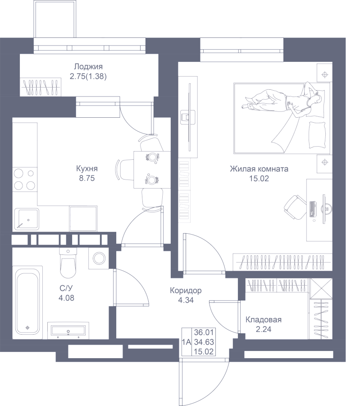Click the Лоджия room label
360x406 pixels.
tap(88, 67)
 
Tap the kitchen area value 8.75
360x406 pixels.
tap(87, 178)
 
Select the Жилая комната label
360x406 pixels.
tap(259, 169)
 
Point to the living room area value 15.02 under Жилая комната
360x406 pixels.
tap(259, 178)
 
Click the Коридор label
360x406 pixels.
tap(186, 291)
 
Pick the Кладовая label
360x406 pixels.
tap(264, 320)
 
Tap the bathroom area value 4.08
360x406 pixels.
tap(67, 298)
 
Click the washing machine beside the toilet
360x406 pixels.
tap(99, 258)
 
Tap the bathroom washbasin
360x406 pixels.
tap(68, 330)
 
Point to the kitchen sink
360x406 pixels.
tap(27, 219)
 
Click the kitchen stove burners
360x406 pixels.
tap(25, 179)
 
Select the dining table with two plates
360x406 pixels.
tap(152, 170)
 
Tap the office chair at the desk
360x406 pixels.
tap(296, 208)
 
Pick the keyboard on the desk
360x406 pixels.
tap(313, 209)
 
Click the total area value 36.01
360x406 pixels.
tap(204, 332)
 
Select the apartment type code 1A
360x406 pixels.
tap(187, 342)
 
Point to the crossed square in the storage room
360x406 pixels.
tap(321, 289)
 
